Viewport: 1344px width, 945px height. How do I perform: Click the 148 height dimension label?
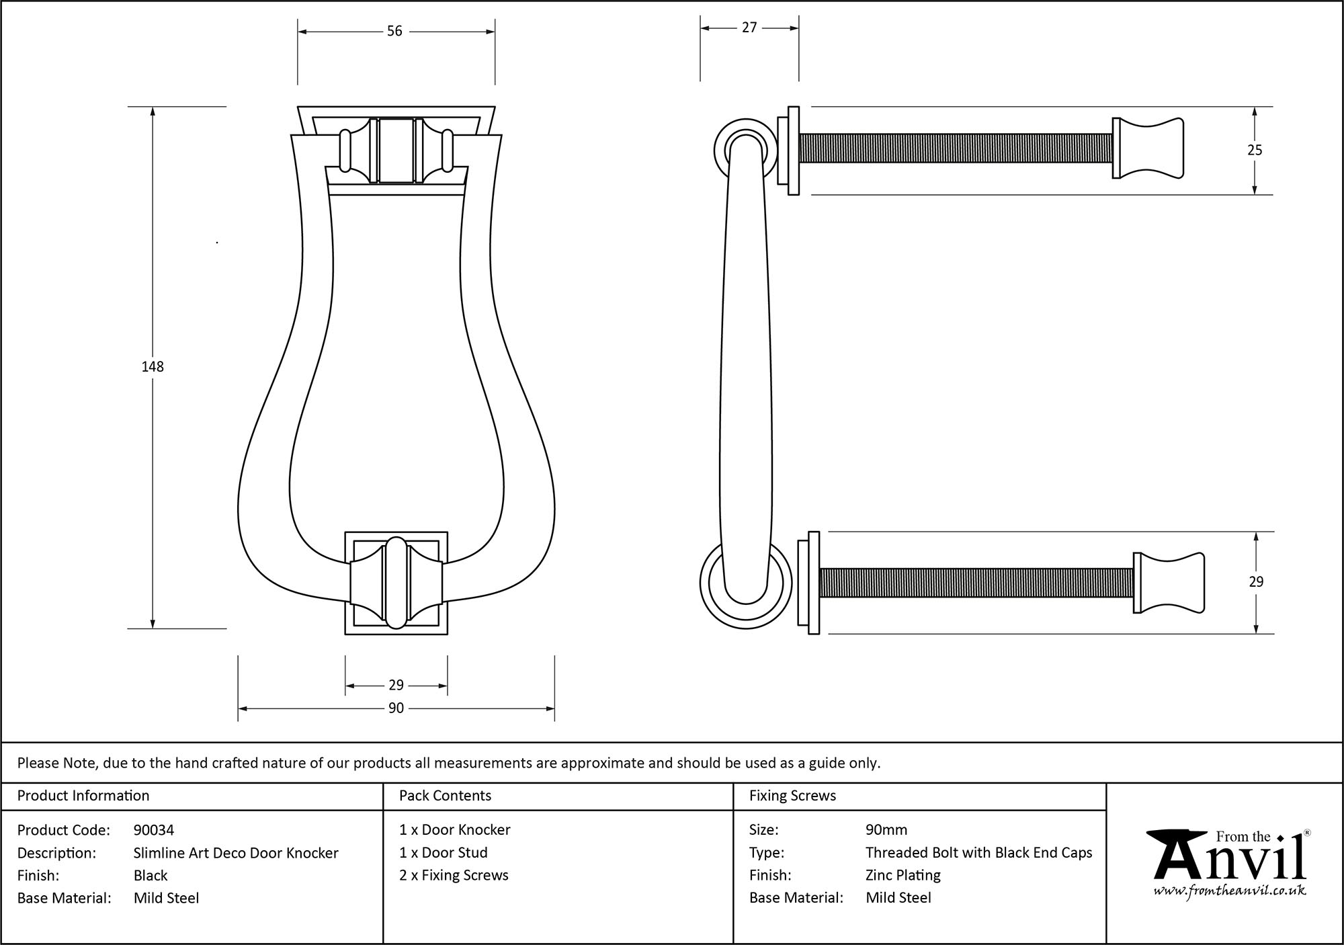click(153, 366)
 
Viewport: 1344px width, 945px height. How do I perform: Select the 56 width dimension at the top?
click(394, 31)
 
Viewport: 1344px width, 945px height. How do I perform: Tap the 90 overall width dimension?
click(396, 708)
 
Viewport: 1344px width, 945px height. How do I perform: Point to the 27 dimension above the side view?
click(749, 28)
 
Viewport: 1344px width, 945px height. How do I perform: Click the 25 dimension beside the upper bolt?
click(1255, 151)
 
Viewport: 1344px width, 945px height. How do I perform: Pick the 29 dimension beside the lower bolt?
click(1256, 582)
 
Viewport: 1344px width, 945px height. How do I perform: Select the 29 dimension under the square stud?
click(396, 685)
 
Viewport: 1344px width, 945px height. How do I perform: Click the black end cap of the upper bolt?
click(1148, 149)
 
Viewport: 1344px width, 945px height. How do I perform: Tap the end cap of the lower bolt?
click(1169, 583)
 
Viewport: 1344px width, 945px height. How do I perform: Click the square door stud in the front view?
click(396, 583)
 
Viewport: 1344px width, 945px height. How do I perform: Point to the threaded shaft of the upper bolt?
click(954, 149)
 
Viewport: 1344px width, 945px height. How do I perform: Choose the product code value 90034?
click(154, 830)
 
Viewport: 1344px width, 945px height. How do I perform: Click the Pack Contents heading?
click(445, 796)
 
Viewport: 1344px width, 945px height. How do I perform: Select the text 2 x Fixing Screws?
click(454, 875)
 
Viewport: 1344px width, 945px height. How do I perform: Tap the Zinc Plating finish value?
click(902, 875)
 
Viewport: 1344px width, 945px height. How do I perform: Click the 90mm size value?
click(886, 830)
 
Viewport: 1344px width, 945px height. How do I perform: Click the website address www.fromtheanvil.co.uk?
click(1230, 891)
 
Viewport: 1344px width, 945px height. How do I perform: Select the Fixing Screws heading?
click(792, 796)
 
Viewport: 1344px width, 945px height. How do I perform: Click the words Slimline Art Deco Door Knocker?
click(236, 853)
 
